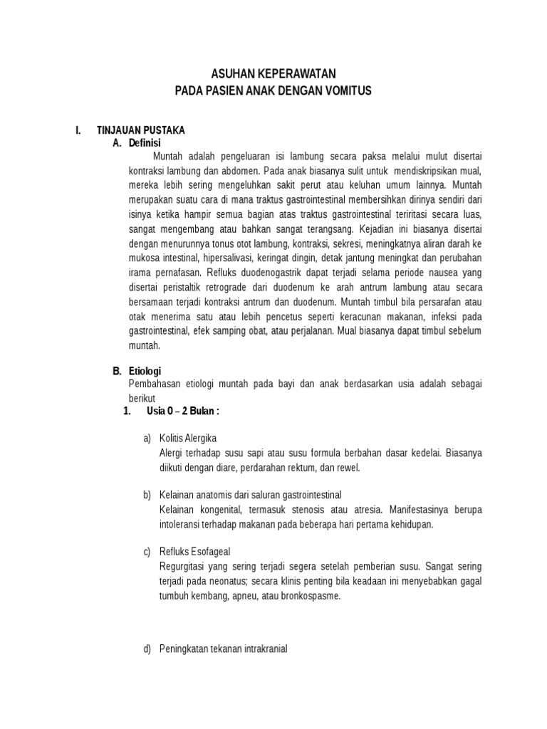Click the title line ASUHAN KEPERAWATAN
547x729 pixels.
click(273, 73)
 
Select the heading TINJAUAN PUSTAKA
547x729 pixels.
click(140, 130)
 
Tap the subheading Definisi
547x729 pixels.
click(145, 143)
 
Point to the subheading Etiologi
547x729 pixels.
click(145, 371)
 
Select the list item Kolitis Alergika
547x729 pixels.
click(188, 438)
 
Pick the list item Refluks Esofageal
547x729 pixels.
click(194, 552)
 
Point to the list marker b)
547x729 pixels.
click(147, 495)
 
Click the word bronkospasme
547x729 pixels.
click(312, 597)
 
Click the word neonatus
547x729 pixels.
click(212, 582)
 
